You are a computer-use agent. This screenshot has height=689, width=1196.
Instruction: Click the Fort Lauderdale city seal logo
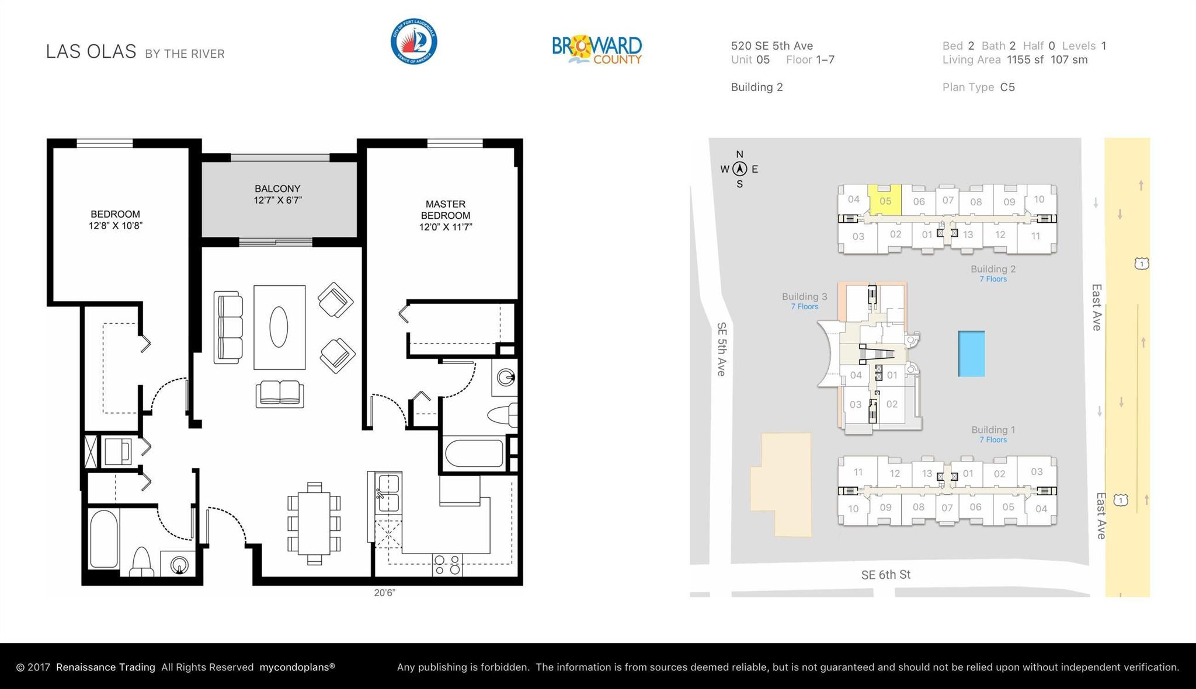click(x=413, y=41)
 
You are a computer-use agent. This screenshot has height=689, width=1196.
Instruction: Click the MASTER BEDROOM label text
click(x=446, y=215)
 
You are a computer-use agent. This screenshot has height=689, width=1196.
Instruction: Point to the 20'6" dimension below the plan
click(x=385, y=593)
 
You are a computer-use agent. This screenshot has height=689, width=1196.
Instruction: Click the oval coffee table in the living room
click(x=279, y=327)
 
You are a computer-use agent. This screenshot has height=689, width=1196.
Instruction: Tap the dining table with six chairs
click(x=314, y=523)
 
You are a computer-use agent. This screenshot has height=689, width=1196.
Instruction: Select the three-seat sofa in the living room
click(x=228, y=327)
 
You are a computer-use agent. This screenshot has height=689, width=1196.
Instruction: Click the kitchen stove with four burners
click(x=447, y=565)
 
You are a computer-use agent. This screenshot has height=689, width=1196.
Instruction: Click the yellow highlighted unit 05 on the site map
click(x=884, y=200)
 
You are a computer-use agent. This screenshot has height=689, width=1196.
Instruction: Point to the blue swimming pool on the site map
click(x=971, y=354)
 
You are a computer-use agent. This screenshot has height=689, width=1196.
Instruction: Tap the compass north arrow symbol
click(x=740, y=169)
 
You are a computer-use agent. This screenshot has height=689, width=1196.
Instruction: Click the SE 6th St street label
click(x=886, y=575)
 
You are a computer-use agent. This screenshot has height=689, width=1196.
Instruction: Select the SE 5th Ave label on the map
click(x=722, y=349)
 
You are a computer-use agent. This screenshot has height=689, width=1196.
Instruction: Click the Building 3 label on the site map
click(x=805, y=296)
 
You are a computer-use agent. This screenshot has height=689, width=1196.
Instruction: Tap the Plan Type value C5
click(x=1007, y=87)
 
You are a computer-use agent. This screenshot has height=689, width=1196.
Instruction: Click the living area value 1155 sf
click(x=1025, y=60)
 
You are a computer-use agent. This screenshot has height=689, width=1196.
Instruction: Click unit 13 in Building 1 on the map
click(x=927, y=473)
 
